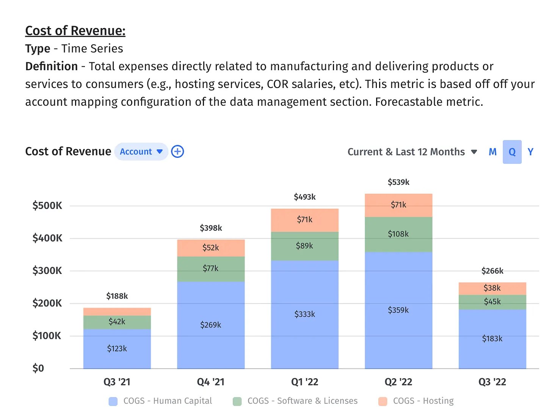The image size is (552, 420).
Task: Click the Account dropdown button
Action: point(141,152)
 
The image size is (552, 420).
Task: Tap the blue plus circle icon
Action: point(177,152)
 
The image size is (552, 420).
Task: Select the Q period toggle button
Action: point(512,152)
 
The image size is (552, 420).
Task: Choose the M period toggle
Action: point(492,152)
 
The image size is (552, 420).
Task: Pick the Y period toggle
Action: point(530,152)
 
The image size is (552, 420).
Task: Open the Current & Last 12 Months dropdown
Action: point(412,152)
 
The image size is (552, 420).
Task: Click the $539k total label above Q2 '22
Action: point(398,182)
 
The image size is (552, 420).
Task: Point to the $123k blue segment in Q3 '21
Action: point(117,349)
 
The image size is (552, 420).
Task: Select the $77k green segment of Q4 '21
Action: point(210,269)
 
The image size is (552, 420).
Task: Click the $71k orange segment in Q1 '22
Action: point(304,220)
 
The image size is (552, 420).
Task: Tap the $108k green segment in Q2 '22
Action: point(398,234)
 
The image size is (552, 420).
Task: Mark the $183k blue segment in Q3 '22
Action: point(492,339)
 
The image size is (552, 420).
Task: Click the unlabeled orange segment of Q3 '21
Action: point(117,311)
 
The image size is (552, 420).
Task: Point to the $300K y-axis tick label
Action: point(47,271)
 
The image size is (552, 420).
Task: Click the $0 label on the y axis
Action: point(38,368)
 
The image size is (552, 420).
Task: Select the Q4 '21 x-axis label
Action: point(210,382)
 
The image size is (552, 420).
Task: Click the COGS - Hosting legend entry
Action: point(416,401)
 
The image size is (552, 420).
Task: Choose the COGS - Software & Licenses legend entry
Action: point(295,401)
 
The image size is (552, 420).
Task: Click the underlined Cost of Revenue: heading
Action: point(75,31)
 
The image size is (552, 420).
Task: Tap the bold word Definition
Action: point(51,66)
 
